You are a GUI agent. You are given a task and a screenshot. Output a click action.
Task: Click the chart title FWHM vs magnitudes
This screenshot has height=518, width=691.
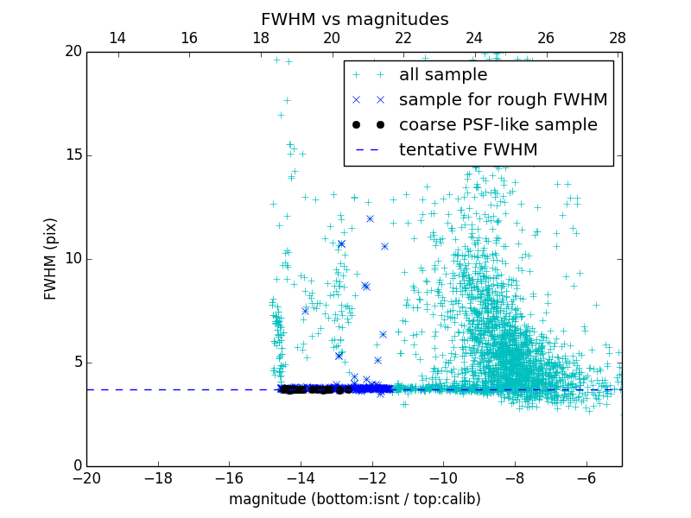(354, 19)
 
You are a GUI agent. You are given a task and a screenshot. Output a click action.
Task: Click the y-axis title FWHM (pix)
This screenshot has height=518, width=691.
(51, 258)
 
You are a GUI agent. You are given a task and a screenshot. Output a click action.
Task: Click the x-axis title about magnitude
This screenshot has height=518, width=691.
(354, 499)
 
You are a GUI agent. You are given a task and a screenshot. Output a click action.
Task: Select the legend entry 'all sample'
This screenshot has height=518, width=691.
(442, 75)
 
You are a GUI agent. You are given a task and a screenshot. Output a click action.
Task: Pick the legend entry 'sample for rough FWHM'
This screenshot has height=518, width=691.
(503, 100)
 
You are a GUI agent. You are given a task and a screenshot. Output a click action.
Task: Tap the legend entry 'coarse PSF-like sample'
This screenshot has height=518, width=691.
(498, 125)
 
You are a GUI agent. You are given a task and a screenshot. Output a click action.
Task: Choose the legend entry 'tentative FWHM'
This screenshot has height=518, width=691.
(468, 150)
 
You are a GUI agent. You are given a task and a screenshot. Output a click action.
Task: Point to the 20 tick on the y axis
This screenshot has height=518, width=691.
(72, 52)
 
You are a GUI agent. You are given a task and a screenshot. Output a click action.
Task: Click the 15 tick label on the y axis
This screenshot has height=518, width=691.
(72, 155)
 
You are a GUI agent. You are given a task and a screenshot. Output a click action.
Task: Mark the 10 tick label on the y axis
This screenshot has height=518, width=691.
(72, 259)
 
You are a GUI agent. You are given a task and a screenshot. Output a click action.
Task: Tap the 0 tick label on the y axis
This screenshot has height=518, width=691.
(76, 466)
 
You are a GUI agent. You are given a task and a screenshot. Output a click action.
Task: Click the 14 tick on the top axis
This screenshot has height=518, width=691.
(117, 38)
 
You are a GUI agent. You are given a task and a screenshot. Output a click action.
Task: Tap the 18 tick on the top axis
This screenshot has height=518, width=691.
(260, 38)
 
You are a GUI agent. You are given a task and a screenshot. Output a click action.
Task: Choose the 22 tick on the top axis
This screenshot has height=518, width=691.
(403, 38)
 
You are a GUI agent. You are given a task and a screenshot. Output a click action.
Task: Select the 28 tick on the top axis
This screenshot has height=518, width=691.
(618, 38)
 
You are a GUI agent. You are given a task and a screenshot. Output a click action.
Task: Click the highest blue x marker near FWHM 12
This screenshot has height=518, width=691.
(370, 218)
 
